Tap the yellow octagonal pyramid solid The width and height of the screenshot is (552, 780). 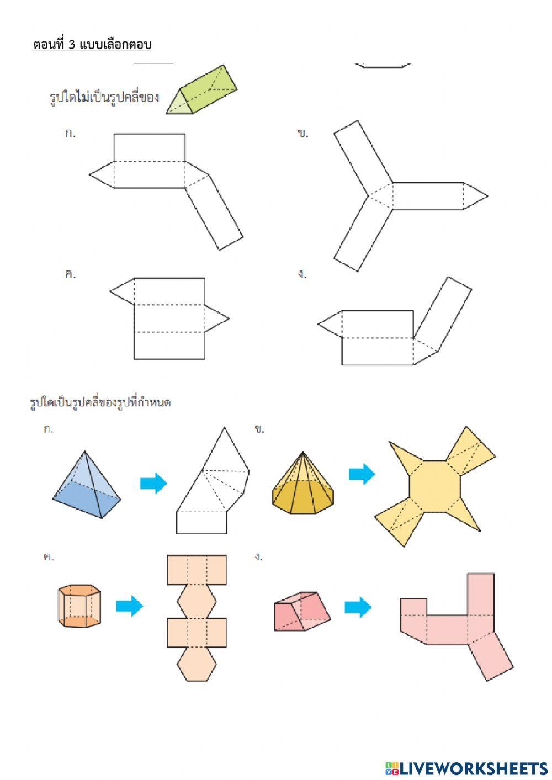pyautogui.click(x=302, y=486)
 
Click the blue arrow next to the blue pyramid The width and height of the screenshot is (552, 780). pyautogui.click(x=153, y=483)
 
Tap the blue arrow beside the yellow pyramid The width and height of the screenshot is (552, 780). pyautogui.click(x=362, y=474)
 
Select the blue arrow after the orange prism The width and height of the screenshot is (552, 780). pyautogui.click(x=129, y=606)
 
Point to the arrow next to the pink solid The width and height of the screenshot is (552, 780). pyautogui.click(x=358, y=607)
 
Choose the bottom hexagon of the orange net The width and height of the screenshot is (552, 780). pyautogui.click(x=197, y=665)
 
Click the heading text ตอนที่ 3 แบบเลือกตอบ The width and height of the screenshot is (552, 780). pyautogui.click(x=92, y=45)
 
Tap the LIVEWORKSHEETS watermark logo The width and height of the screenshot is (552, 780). pyautogui.click(x=466, y=768)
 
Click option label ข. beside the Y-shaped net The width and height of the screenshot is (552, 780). pyautogui.click(x=302, y=134)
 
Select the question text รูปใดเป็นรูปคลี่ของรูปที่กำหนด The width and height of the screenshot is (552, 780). pyautogui.click(x=100, y=402)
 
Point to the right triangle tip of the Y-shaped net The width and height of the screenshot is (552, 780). pyautogui.click(x=475, y=196)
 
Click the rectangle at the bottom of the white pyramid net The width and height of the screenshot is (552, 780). pyautogui.click(x=201, y=522)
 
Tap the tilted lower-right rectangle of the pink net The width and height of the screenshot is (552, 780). pyautogui.click(x=491, y=657)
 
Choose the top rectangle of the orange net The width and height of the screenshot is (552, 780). pyautogui.click(x=197, y=570)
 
